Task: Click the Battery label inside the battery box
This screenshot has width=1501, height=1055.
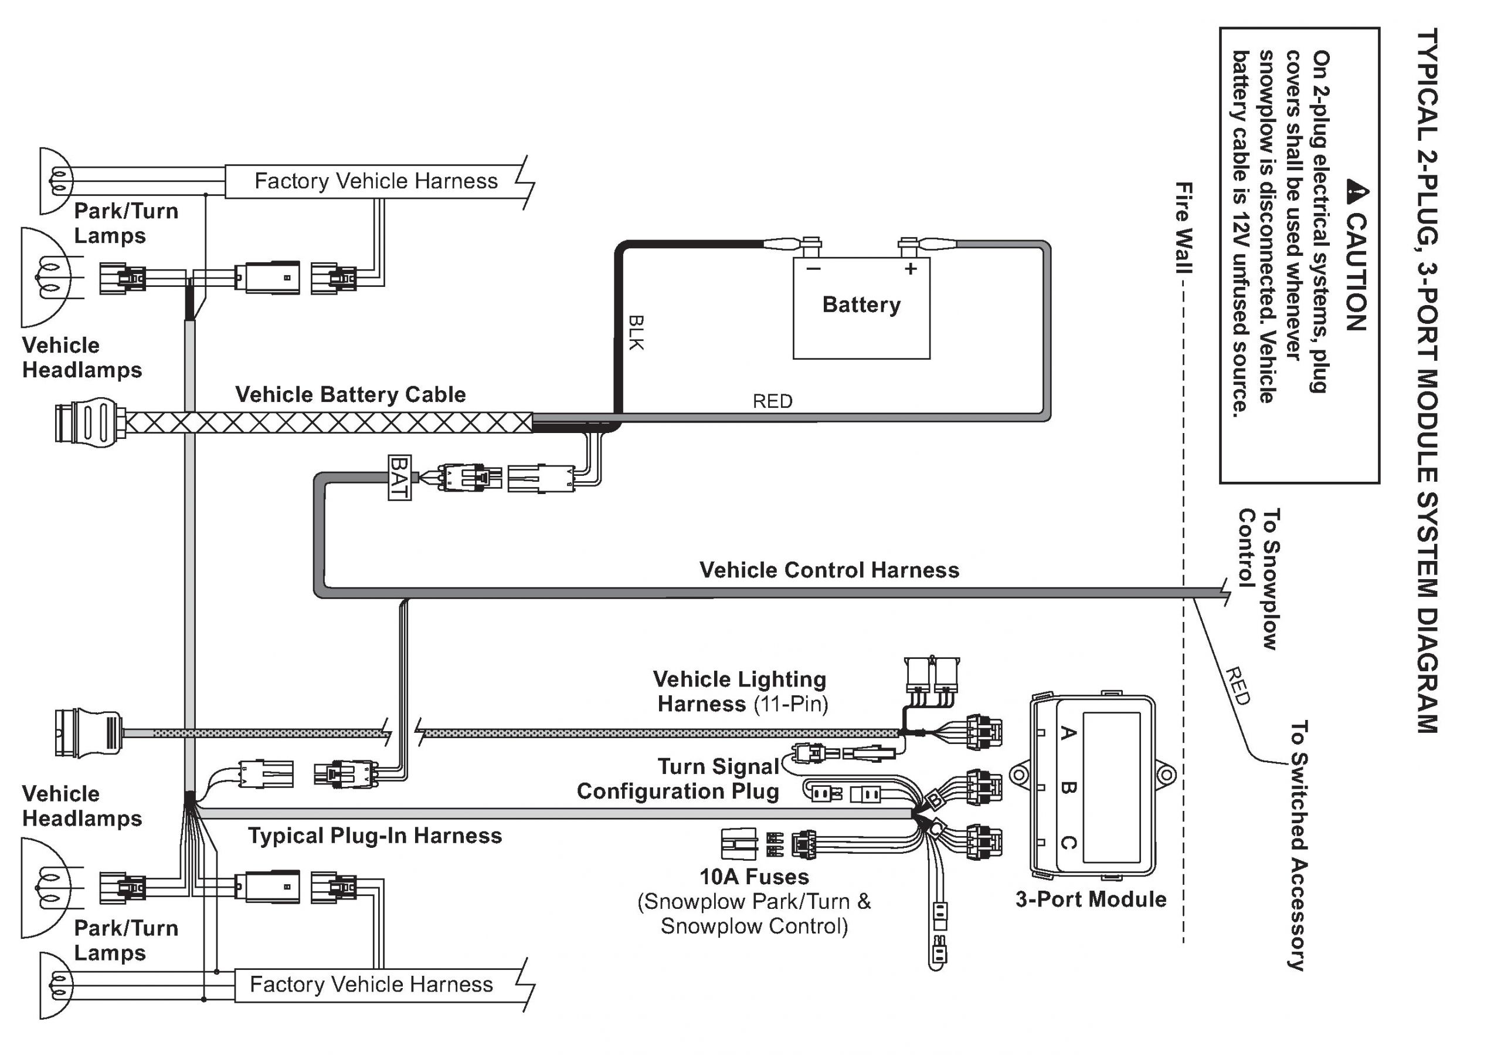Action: click(x=861, y=305)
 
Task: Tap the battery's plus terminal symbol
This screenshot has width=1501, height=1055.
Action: click(x=911, y=269)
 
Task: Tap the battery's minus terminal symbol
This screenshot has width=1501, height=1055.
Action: click(x=813, y=269)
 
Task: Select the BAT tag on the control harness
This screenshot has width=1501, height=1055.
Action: click(x=399, y=478)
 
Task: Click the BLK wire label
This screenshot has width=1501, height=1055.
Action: click(x=636, y=332)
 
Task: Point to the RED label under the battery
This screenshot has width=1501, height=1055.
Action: click(x=772, y=401)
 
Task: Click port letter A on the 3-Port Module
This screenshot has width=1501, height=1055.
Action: click(x=1068, y=732)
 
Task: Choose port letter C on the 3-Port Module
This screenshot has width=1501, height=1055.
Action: click(x=1068, y=843)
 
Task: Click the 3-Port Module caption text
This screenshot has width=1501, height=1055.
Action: click(x=1091, y=900)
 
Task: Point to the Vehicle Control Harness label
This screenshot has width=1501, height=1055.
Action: click(x=829, y=570)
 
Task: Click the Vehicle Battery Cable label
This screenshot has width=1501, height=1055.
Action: click(x=351, y=394)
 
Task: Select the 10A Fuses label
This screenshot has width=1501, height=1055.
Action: click(x=754, y=877)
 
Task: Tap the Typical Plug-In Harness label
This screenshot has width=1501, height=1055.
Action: click(x=375, y=836)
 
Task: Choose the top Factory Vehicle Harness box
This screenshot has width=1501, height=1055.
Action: click(x=376, y=181)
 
